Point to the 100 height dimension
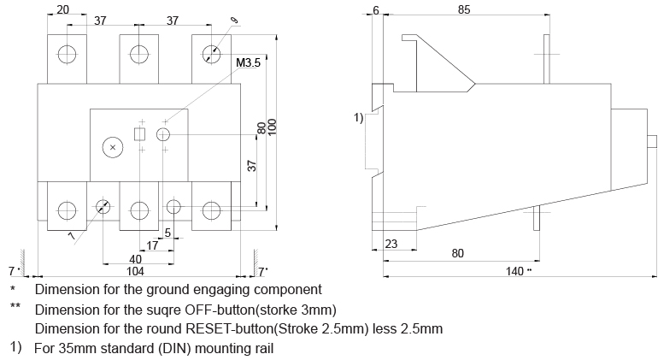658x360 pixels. [273, 125]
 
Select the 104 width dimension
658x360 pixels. [135, 270]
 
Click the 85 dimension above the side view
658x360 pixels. [464, 10]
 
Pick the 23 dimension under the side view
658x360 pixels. [391, 245]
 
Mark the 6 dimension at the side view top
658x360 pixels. [376, 10]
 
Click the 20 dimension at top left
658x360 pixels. [63, 10]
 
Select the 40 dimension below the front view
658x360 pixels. [135, 259]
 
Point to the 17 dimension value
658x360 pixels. [152, 246]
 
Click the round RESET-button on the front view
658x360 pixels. [164, 134]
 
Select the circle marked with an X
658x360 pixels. [112, 147]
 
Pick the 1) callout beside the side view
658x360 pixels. [359, 116]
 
